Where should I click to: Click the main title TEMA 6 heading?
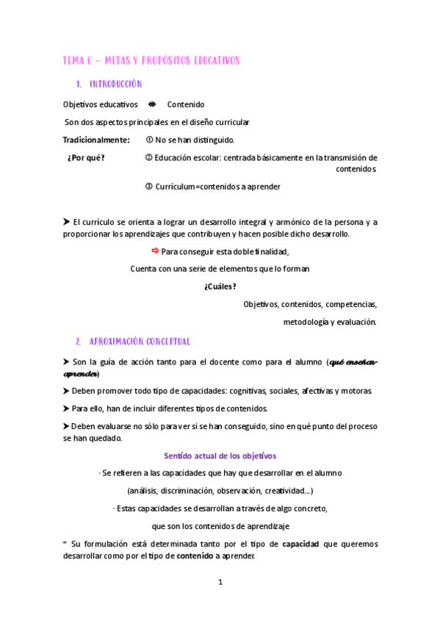coord(151,60)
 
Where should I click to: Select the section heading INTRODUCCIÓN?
coord(115,84)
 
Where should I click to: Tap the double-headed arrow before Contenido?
coord(152,104)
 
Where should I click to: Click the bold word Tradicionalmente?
coord(96,140)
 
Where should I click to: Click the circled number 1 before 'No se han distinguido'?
coord(149,140)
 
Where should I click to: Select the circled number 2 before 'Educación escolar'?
coord(149,157)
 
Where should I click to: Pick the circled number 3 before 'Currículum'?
coord(149,187)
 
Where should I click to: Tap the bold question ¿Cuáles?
coord(220,287)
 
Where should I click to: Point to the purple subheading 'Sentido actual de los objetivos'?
coord(220,456)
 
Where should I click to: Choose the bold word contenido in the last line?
coord(195,556)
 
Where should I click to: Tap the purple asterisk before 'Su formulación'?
coord(65,544)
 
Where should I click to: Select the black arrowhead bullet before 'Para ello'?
coord(66,408)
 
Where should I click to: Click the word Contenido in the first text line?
coord(186,104)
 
